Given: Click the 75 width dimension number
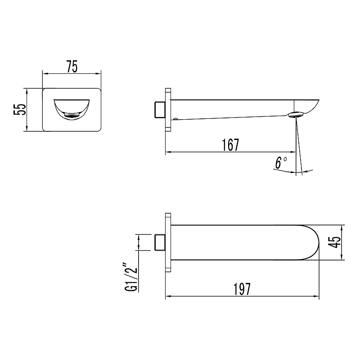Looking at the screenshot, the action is click(x=72, y=67).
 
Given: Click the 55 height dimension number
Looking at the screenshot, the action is click(x=20, y=109).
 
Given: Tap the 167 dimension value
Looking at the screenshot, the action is click(x=230, y=145).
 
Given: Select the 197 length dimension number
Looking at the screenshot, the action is click(x=242, y=289).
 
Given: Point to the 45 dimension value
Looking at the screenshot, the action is click(x=334, y=242).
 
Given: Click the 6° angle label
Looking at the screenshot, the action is click(x=281, y=163).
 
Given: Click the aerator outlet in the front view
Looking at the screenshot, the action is click(x=72, y=115).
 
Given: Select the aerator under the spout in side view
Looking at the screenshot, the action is click(x=296, y=115).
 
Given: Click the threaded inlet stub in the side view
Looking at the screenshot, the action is click(x=160, y=109).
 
